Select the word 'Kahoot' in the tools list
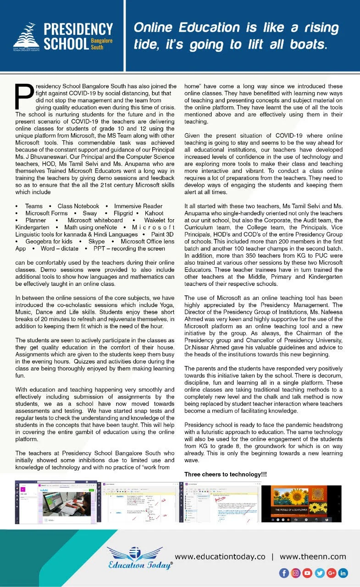click(154, 213)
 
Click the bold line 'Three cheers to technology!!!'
click(226, 474)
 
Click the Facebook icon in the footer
click(284, 573)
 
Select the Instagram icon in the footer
click(296, 573)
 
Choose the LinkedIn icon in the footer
click(343, 573)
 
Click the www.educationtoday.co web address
click(220, 557)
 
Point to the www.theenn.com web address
click(313, 557)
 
